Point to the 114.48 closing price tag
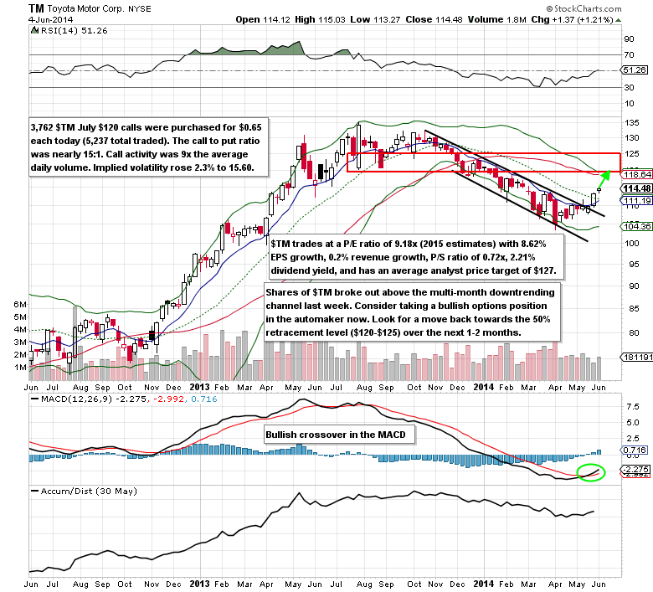coord(635,188)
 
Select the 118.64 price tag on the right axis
coord(635,174)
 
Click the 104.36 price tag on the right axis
coord(635,226)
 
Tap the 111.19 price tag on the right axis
coord(635,201)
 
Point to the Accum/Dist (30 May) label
coord(85,491)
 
